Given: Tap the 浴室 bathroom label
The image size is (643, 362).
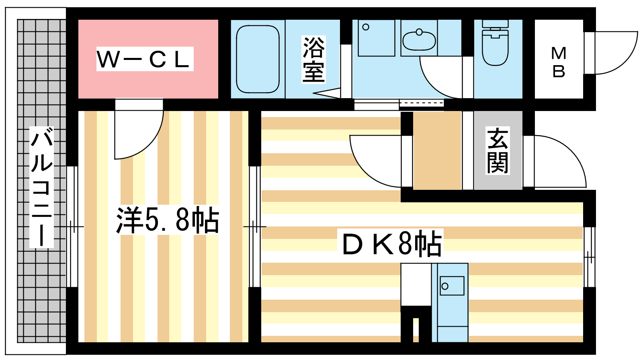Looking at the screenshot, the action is [x=313, y=60].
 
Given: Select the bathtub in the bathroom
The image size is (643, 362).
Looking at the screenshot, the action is [x=258, y=59].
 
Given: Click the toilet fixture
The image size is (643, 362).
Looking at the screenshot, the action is [x=495, y=43].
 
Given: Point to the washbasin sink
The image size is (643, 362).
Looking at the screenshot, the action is [x=419, y=40].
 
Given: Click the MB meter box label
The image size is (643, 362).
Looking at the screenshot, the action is [x=559, y=63].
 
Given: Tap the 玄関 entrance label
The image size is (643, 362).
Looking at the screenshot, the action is [x=498, y=151].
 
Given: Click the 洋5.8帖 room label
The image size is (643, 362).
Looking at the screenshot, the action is [x=168, y=220].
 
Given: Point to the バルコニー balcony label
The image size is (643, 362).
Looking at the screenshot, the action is [x=42, y=187].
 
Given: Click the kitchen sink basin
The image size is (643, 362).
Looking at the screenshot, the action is [x=452, y=286].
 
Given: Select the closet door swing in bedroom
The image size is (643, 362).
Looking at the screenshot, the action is [x=139, y=129].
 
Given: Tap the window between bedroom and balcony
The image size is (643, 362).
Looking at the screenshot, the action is [x=72, y=227].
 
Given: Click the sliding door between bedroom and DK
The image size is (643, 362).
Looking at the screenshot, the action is [x=255, y=227].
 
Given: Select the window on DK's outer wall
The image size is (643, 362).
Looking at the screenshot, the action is [x=590, y=257].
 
